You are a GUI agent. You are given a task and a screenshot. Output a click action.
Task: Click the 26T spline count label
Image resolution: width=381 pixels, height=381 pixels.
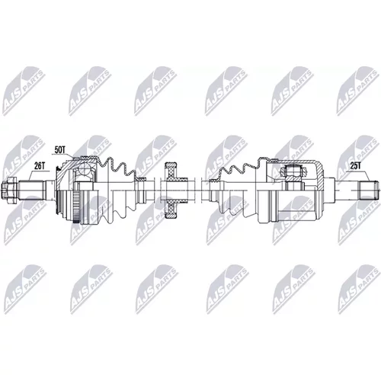tap(40, 166)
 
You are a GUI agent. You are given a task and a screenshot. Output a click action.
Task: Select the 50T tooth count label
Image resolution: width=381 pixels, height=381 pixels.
tap(60, 150)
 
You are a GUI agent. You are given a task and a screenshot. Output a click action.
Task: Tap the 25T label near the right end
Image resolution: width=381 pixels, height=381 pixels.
tap(356, 166)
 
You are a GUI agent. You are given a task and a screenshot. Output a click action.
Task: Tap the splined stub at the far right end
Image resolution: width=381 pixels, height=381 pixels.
tap(367, 190)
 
